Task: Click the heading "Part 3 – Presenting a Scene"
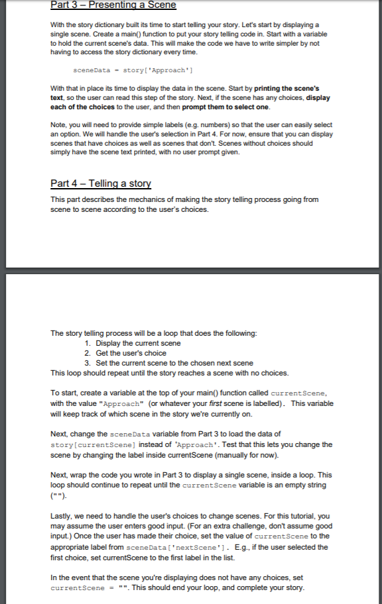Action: pyautogui.click(x=113, y=5)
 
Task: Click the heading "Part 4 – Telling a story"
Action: pyautogui.click(x=101, y=183)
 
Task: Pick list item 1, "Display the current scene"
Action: pyautogui.click(x=138, y=343)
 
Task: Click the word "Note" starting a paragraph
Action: pyautogui.click(x=60, y=124)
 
